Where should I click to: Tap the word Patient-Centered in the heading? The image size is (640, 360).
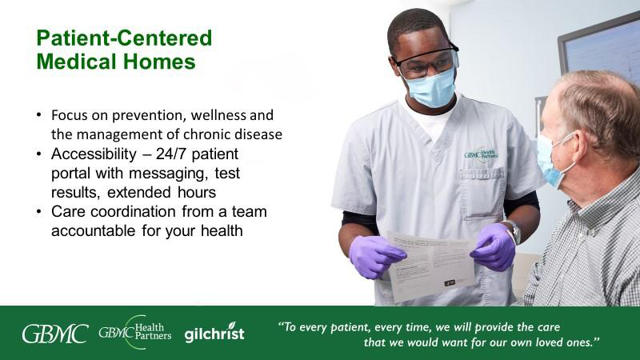pos(124,38)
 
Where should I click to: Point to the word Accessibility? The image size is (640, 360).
pos(94,154)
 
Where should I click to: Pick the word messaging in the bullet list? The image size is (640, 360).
pos(166,174)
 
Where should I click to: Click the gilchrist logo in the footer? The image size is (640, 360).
pos(214,333)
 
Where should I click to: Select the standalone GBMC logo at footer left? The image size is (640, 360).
pos(55,334)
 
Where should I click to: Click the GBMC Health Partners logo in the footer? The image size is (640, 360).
pos(135,332)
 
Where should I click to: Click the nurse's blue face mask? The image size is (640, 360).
pos(432,88)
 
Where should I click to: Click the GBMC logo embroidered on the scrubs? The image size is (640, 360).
pos(481,154)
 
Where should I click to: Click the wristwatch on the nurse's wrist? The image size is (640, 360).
pos(513,231)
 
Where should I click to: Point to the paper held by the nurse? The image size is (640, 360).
pos(432,266)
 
